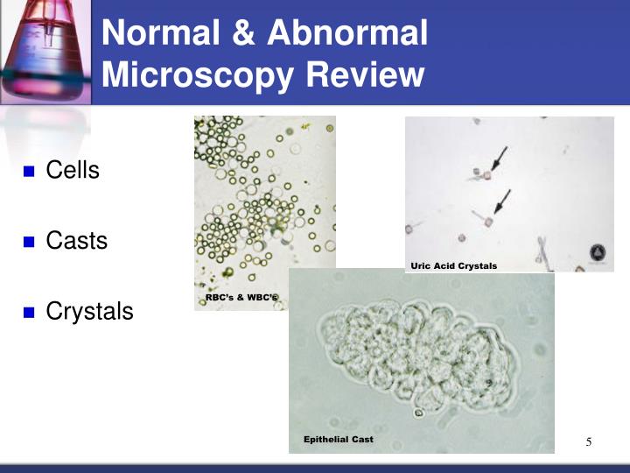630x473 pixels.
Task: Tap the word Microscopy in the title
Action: click(198, 75)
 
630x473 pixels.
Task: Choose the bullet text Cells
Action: click(73, 170)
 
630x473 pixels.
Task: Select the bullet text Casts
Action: click(77, 240)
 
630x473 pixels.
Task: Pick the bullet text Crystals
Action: click(89, 311)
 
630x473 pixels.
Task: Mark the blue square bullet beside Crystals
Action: click(28, 312)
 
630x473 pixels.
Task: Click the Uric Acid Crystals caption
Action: click(453, 265)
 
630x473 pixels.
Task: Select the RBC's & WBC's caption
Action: click(241, 299)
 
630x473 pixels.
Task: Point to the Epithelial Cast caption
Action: click(338, 439)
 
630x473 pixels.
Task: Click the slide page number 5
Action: click(589, 441)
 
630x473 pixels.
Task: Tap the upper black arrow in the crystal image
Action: click(498, 159)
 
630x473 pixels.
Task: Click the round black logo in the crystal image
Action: click(599, 252)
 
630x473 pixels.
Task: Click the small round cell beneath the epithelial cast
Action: click(419, 412)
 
